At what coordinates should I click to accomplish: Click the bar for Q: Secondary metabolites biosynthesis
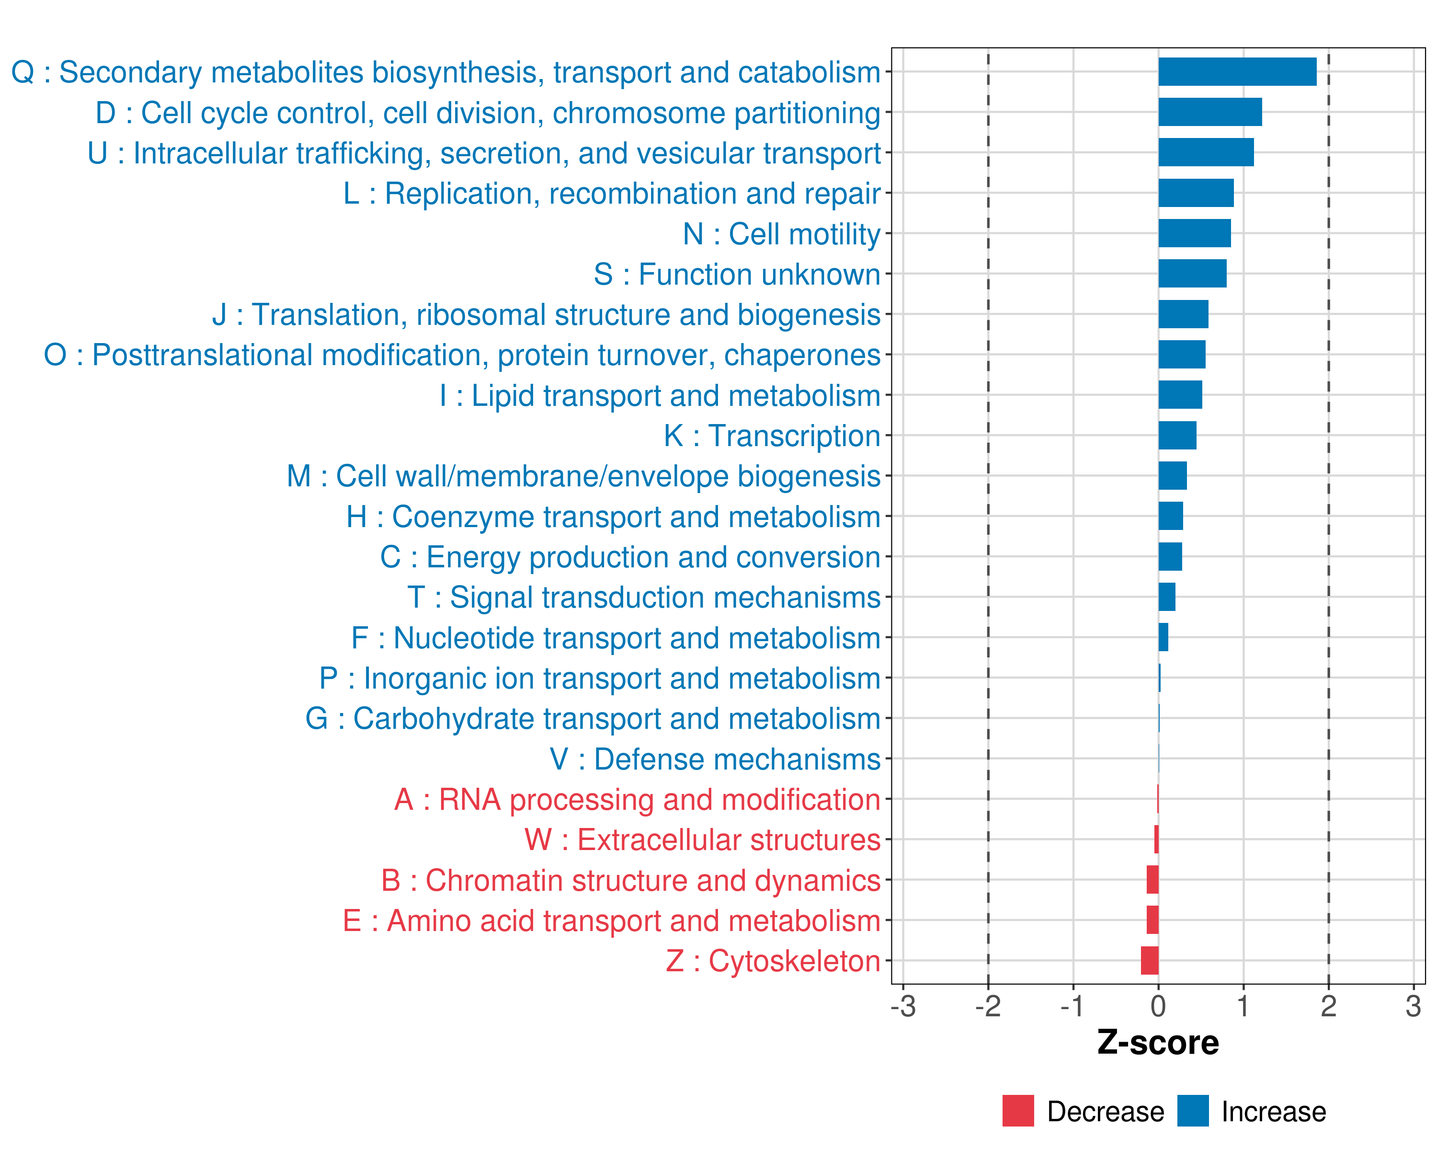[x=1237, y=72]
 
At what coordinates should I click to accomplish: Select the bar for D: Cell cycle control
[x=1210, y=112]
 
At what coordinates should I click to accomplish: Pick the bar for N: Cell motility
[x=1195, y=233]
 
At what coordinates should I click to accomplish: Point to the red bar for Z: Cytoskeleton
[x=1150, y=961]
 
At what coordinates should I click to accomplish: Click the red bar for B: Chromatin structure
[x=1152, y=880]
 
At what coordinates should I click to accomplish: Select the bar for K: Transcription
[x=1177, y=436]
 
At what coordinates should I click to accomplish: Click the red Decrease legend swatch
[x=1018, y=1111]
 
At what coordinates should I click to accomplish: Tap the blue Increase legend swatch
[x=1192, y=1111]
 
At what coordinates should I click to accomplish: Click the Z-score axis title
[x=1158, y=1043]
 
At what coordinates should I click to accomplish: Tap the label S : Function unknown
[x=737, y=275]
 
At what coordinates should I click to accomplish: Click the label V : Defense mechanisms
[x=715, y=759]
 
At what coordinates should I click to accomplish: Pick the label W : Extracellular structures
[x=703, y=840]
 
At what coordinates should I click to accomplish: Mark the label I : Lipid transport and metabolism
[x=660, y=396]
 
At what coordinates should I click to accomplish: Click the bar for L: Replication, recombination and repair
[x=1196, y=193]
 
